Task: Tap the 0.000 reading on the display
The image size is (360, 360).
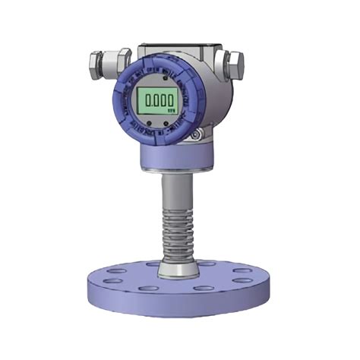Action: point(156,100)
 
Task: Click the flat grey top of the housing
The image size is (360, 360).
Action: point(182,47)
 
